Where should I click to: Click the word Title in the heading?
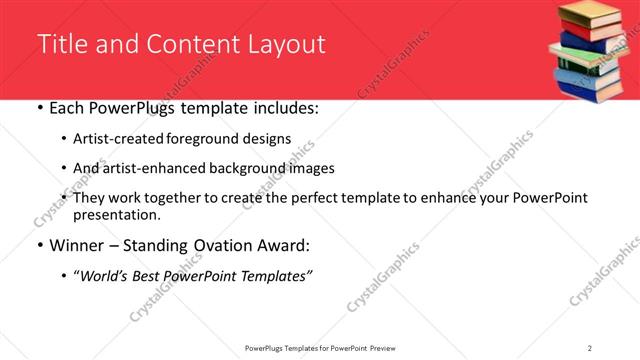point(61,45)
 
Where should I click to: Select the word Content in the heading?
point(191,45)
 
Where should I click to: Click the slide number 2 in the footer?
point(590,347)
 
